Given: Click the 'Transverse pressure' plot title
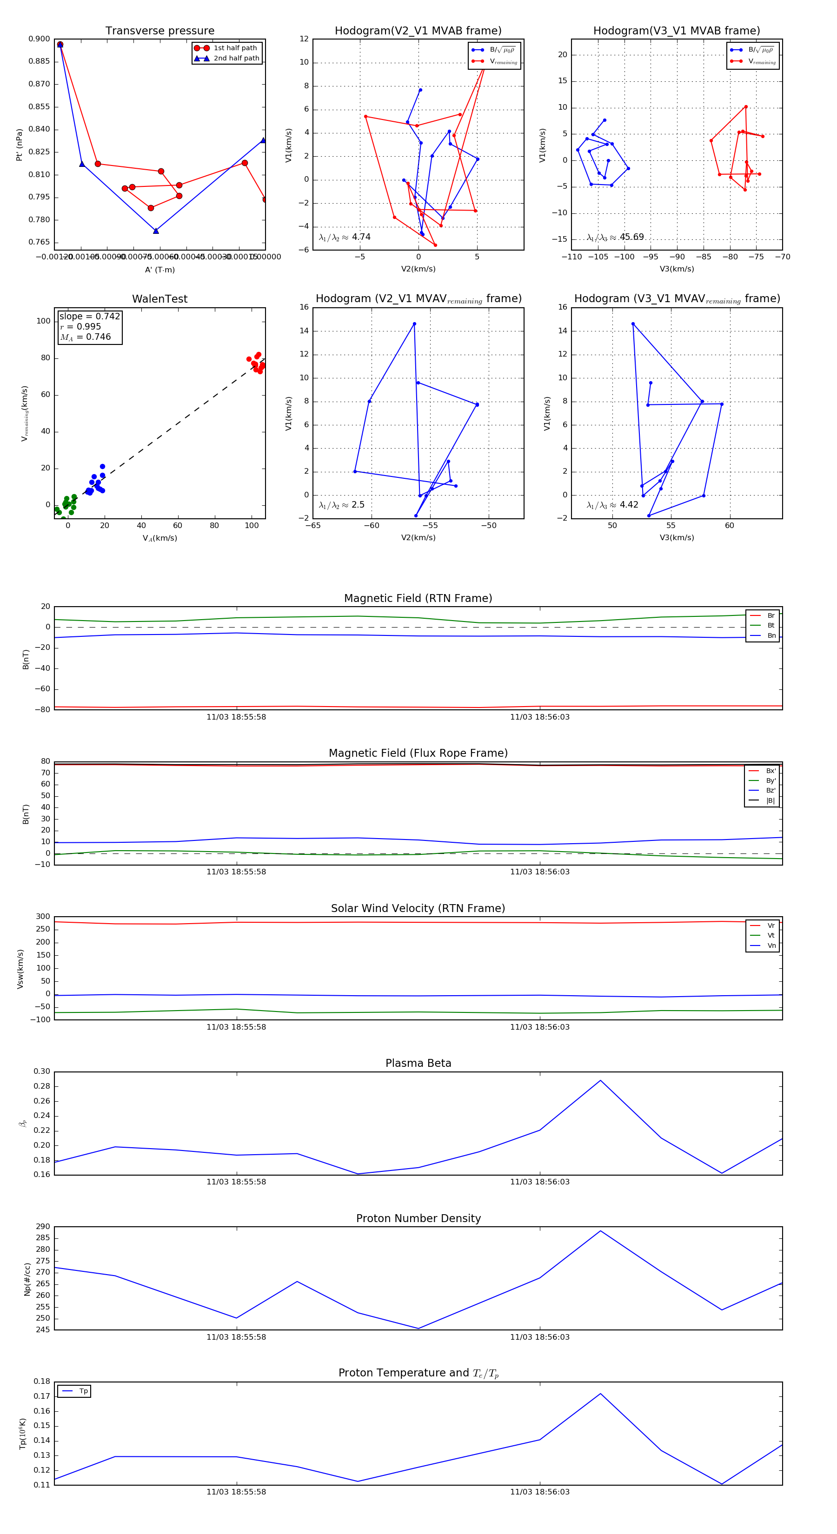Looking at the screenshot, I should click(x=159, y=31).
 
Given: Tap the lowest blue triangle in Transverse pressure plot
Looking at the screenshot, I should click(x=156, y=231).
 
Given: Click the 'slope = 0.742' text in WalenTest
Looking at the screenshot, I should click(x=89, y=316).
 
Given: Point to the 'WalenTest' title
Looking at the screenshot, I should click(x=159, y=299).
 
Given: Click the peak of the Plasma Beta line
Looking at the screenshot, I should click(x=600, y=1081).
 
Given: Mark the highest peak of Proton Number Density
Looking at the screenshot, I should click(x=600, y=1231).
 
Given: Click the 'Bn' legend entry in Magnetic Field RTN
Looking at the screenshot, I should click(x=771, y=635).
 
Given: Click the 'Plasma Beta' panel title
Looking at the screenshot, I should click(x=418, y=1064).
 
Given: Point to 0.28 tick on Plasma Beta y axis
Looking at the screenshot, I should click(x=42, y=1086).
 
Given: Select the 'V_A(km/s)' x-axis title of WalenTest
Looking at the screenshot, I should click(x=159, y=538).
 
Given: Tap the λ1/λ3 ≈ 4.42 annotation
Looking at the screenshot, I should click(x=612, y=505).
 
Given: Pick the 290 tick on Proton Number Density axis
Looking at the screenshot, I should click(x=43, y=1227).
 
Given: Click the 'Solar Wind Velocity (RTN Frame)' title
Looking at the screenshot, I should click(x=418, y=908).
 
